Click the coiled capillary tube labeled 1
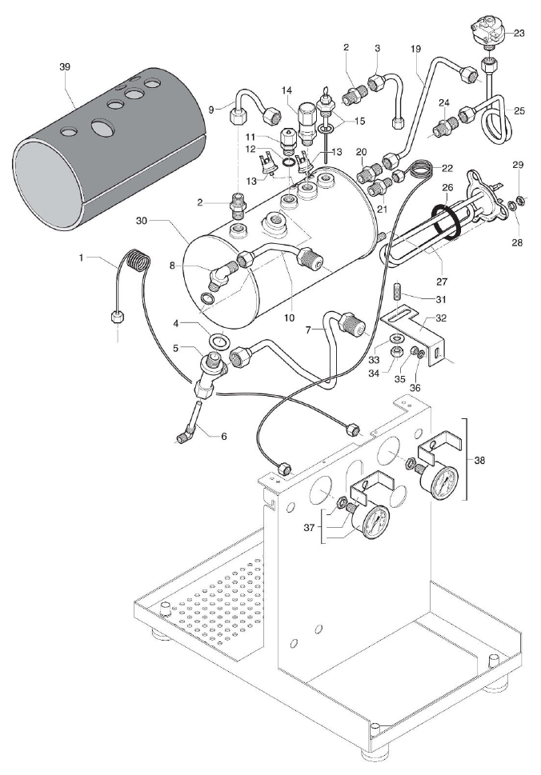(138, 262)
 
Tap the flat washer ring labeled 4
(218, 342)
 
